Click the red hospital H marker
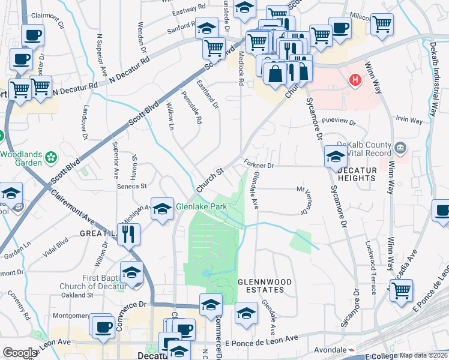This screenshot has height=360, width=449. (355, 79)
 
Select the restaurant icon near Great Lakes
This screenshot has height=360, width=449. (129, 233)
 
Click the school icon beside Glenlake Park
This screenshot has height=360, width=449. (161, 208)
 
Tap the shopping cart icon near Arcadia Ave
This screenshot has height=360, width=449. (401, 291)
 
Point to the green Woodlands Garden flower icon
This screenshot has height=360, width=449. (52, 158)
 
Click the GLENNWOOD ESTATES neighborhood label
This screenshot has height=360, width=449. (265, 286)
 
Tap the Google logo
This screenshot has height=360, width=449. (20, 352)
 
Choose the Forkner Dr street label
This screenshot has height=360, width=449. (259, 164)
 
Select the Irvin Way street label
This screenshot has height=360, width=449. (409, 121)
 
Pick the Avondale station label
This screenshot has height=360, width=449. (330, 349)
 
